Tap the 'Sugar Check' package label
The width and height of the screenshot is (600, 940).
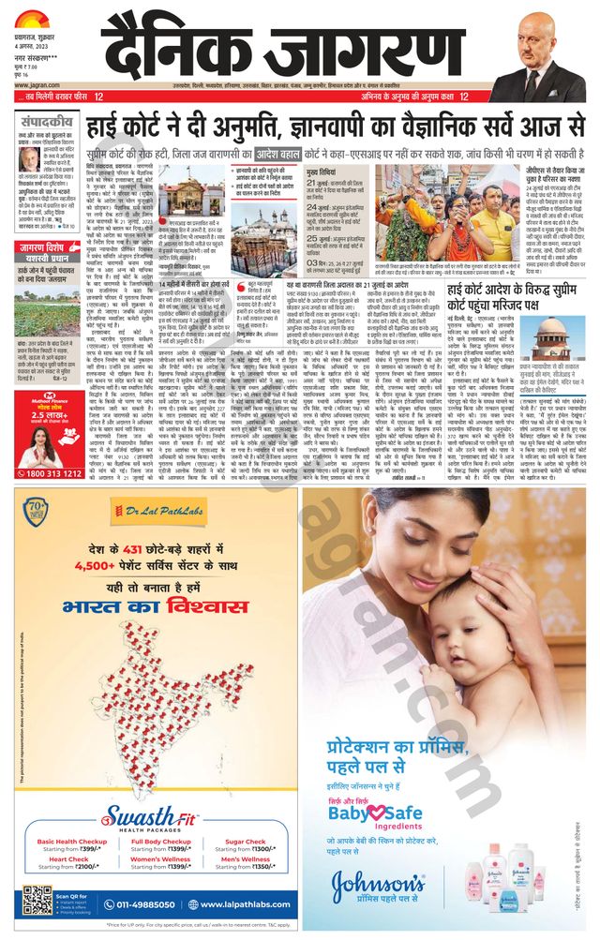click(246, 842)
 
